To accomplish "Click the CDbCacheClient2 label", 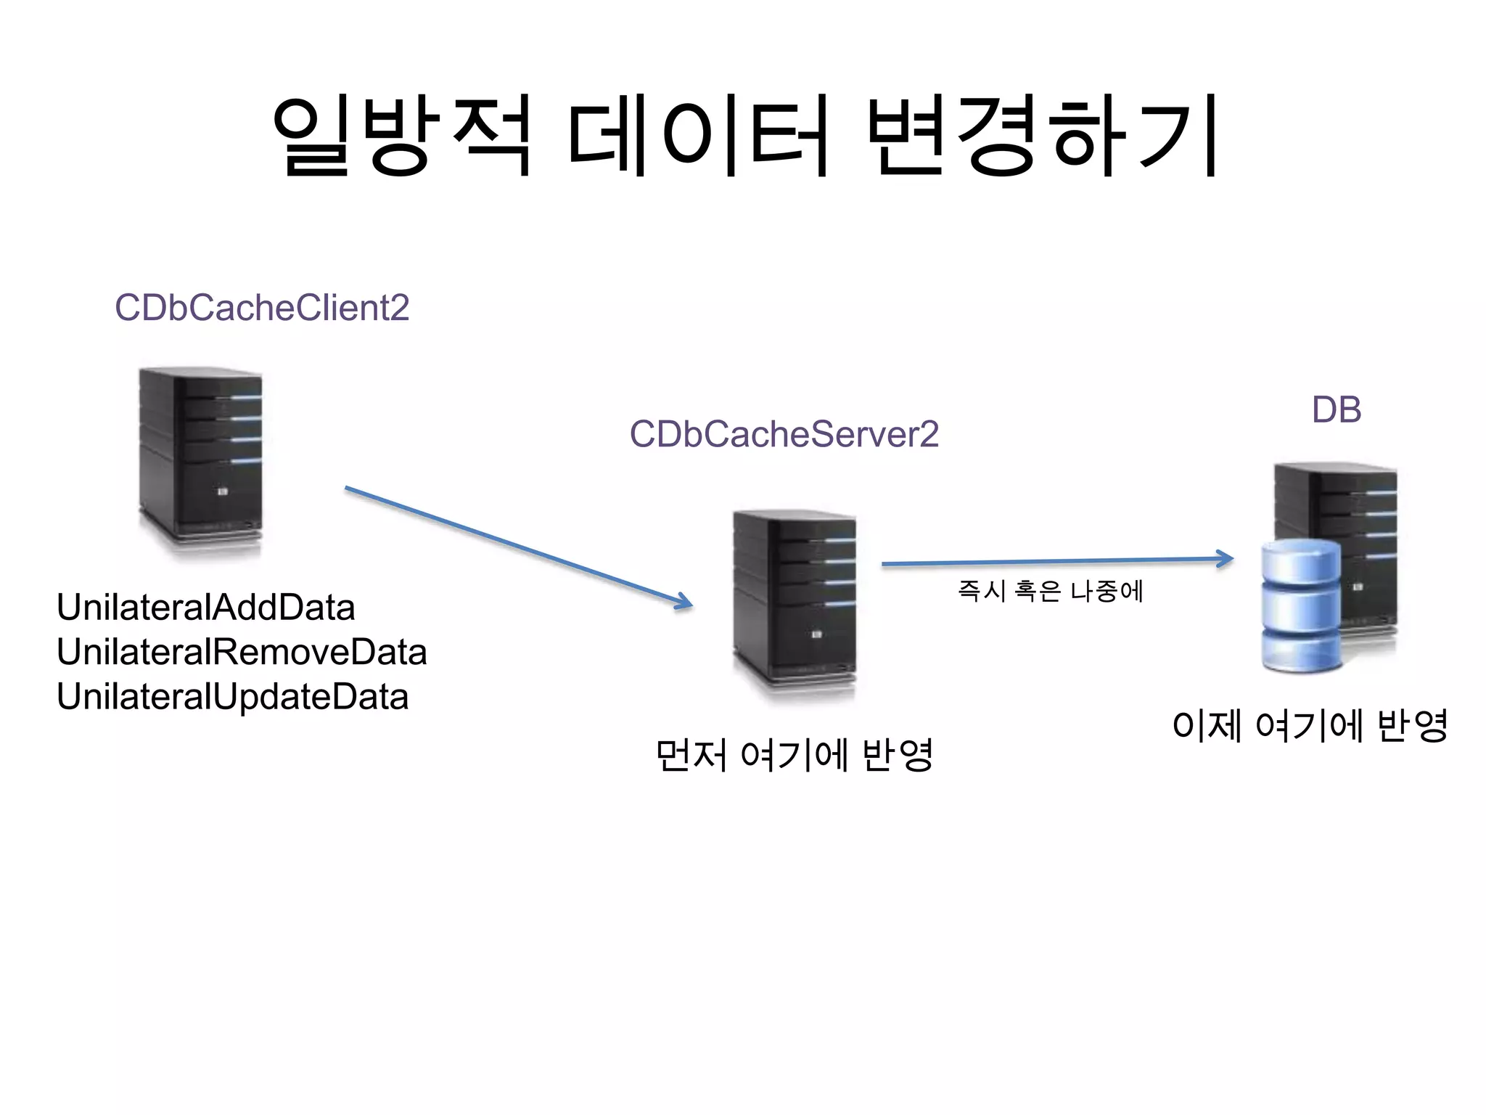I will (262, 308).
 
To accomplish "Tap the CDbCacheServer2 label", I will (784, 434).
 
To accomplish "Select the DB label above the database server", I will (1336, 410).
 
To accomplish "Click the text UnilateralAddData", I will (205, 608).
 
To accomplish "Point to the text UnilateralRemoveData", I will (242, 652).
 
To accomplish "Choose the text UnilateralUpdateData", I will (232, 697).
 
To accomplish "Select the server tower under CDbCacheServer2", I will (795, 603).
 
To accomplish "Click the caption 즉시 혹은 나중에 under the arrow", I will (1050, 591).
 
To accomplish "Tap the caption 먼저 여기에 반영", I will (793, 755).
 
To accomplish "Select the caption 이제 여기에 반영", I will (1310, 724).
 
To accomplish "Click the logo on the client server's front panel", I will (223, 492).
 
